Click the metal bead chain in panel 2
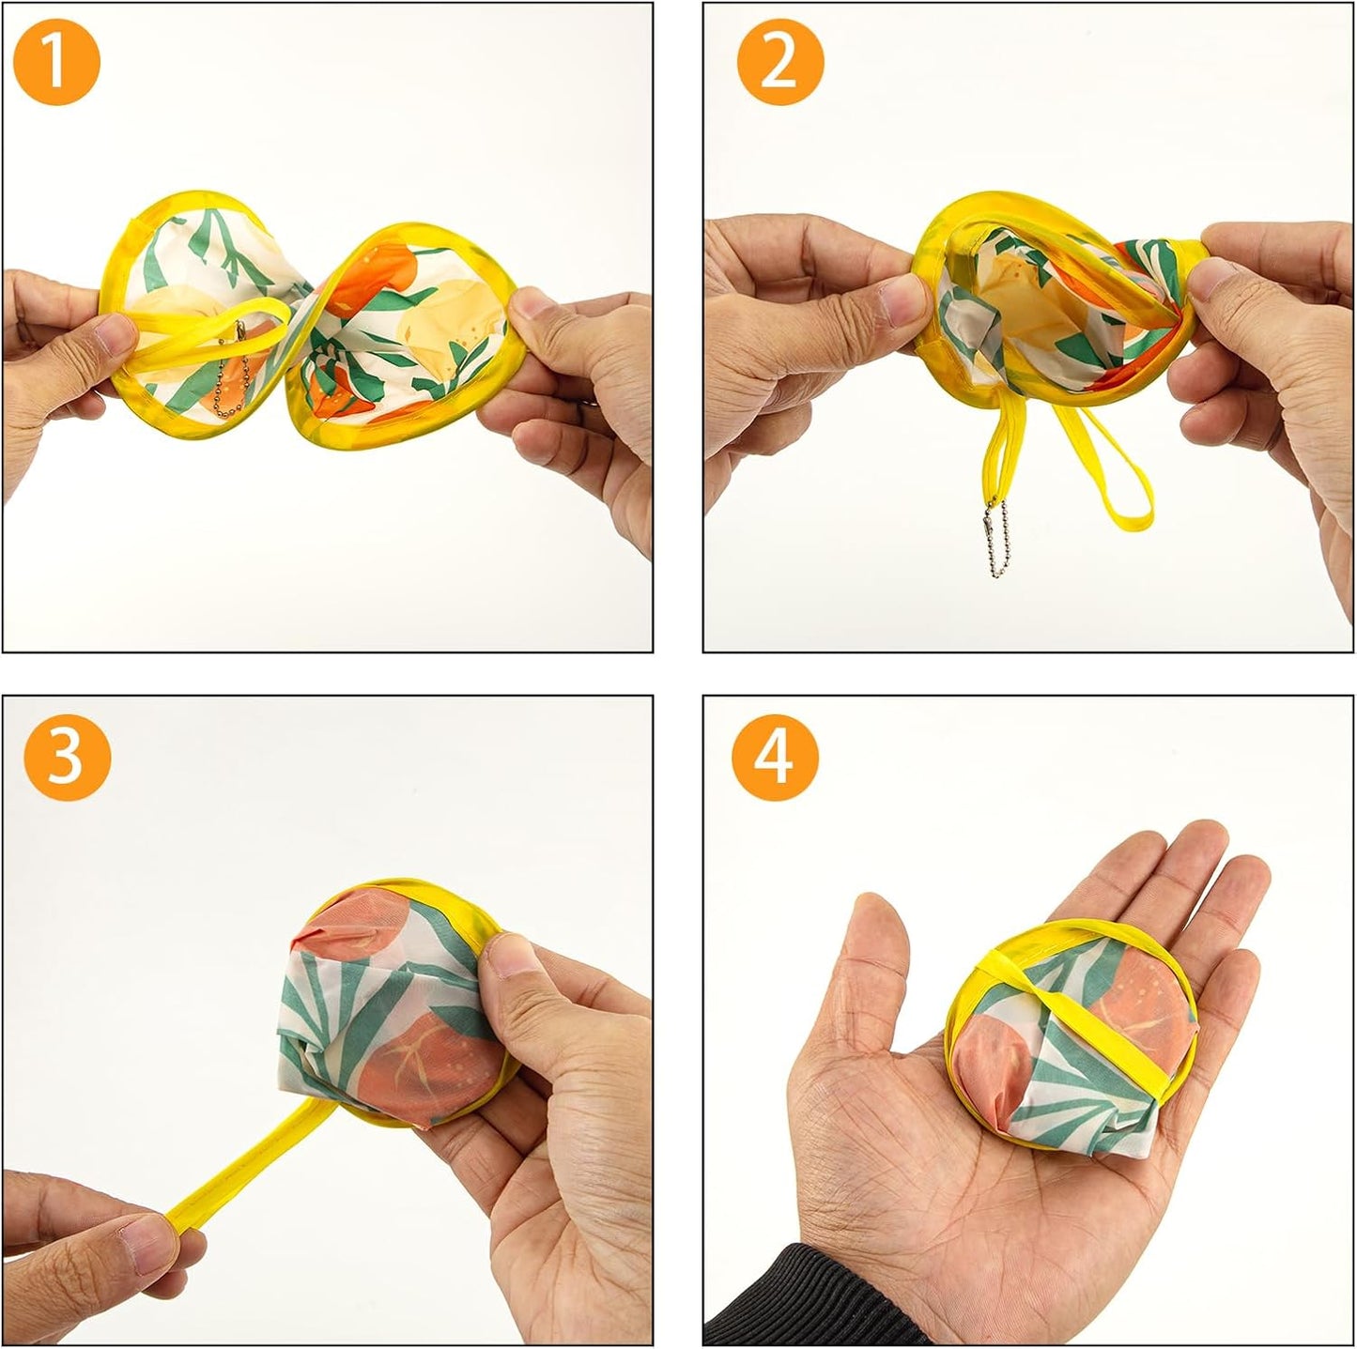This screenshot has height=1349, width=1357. pos(992,544)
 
